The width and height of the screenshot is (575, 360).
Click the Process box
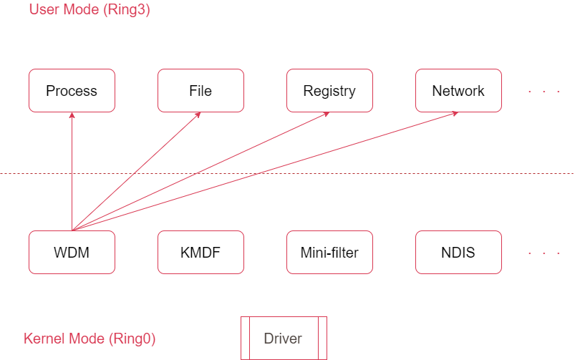tap(72, 91)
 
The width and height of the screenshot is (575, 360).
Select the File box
tap(200, 91)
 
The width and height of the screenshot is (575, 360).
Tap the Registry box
tap(329, 91)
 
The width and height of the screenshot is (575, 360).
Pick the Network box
tap(458, 91)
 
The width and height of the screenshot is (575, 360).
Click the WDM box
tap(72, 252)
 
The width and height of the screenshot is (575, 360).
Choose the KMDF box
tap(200, 252)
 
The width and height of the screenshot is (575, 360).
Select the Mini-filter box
tap(329, 252)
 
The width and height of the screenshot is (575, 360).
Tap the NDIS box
tap(458, 252)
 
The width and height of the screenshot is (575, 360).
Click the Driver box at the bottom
tap(284, 339)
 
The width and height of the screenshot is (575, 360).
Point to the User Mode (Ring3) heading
tap(89, 10)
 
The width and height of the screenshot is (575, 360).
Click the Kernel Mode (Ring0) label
tap(90, 339)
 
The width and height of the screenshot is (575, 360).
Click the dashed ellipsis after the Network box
tap(543, 92)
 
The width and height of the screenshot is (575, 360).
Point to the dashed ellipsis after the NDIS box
tap(543, 253)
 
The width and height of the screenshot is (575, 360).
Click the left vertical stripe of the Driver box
tap(246, 339)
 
